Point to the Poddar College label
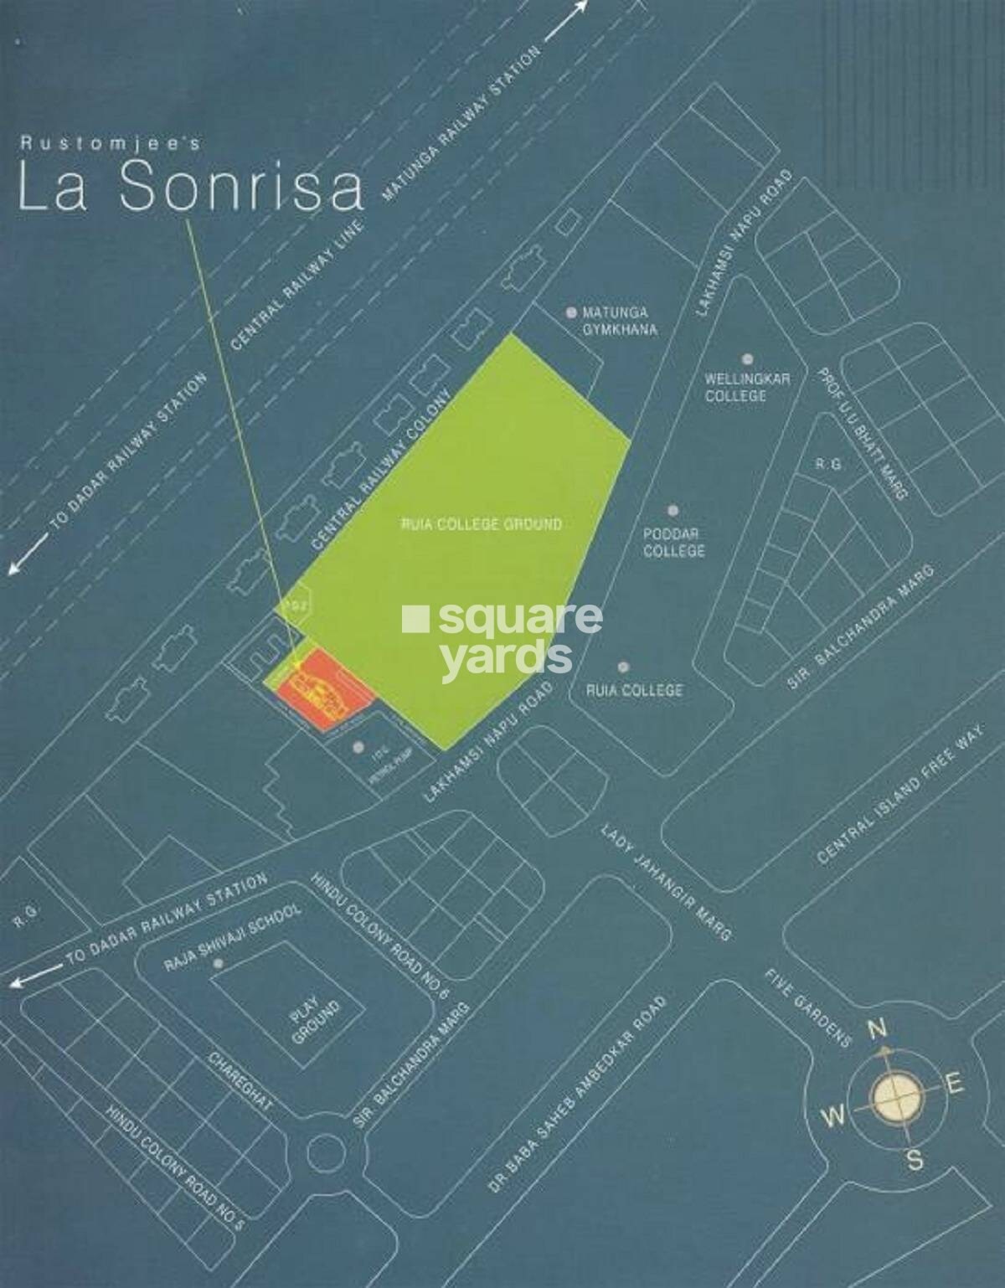[673, 542]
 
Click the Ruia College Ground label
[482, 524]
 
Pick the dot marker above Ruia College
[623, 667]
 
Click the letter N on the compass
[877, 1028]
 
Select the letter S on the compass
[915, 1161]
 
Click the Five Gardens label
[807, 1008]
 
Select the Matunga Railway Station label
[461, 123]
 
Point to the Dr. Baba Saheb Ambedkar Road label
[577, 1095]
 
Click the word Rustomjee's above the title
[110, 144]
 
